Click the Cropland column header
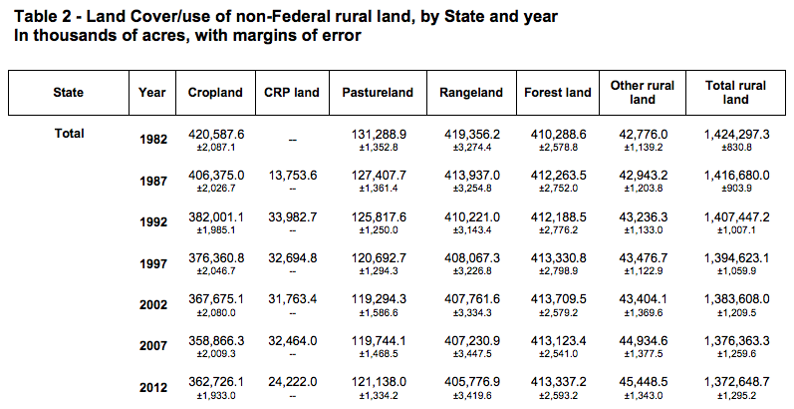coord(214,93)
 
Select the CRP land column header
coord(291,93)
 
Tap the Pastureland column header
coord(378,93)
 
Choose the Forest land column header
coord(558,93)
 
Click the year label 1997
coord(152,264)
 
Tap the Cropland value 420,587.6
coord(216,134)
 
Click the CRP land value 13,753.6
coord(291,175)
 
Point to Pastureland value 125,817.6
coord(379,216)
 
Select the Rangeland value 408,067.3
coord(472,257)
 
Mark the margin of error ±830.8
coord(739,147)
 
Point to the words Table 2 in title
coord(39,17)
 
